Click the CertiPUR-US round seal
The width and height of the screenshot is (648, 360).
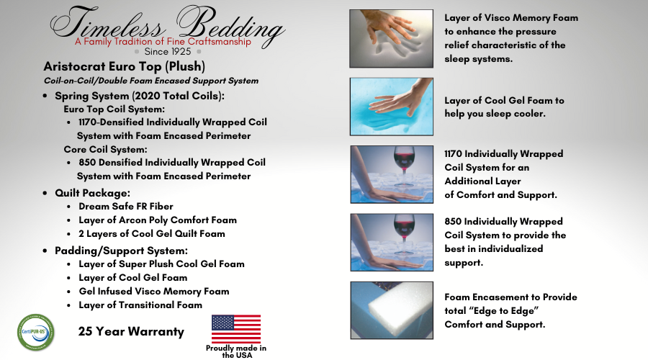(36, 333)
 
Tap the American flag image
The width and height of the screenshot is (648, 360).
(236, 328)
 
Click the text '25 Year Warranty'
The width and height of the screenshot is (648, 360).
(131, 331)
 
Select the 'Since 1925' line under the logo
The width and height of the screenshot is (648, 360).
(167, 52)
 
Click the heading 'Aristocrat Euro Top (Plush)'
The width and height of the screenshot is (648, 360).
(125, 66)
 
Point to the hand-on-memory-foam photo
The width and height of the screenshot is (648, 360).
(392, 38)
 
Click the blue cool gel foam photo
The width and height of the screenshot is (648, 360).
(392, 107)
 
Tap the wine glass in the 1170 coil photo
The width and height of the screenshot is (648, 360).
(403, 166)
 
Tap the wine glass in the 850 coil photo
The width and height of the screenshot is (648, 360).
(403, 234)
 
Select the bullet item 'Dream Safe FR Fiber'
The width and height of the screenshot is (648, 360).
(126, 206)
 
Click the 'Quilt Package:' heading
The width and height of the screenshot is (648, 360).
(93, 193)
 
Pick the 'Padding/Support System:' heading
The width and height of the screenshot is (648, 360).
(121, 251)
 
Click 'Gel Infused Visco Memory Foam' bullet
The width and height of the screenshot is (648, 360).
(154, 292)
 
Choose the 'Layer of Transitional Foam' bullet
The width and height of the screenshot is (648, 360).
(140, 305)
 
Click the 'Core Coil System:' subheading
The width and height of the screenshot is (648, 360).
(105, 149)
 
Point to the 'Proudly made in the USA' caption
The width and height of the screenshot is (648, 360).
(236, 351)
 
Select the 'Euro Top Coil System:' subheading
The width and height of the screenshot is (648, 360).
(114, 109)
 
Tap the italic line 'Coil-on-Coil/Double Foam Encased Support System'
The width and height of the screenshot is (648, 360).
(151, 81)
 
